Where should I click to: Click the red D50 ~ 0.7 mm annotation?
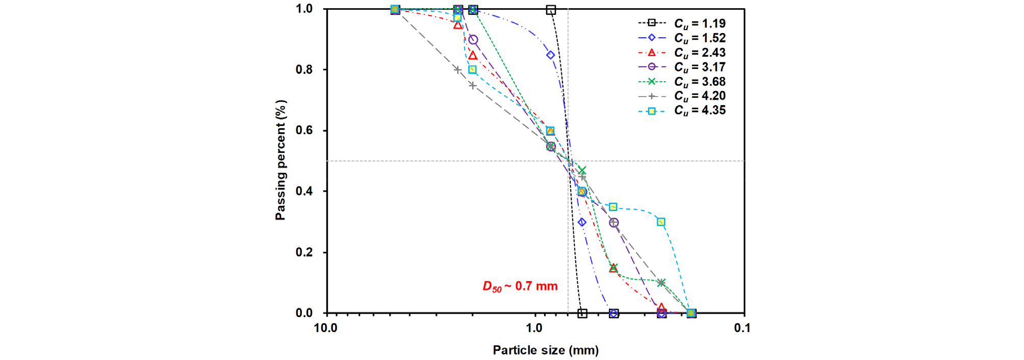click(520, 287)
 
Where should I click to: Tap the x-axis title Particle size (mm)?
click(546, 350)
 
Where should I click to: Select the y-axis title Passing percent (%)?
click(280, 160)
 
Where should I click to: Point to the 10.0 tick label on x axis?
click(325, 328)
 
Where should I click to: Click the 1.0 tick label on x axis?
click(534, 328)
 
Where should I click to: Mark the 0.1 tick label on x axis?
click(743, 328)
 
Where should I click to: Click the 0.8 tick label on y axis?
click(304, 69)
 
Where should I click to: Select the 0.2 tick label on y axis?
click(304, 252)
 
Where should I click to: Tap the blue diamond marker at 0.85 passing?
click(551, 55)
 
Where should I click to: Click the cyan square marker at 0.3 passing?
click(661, 222)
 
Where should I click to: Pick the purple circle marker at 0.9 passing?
click(473, 39)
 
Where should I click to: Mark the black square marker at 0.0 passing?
click(582, 313)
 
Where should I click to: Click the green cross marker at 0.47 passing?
click(582, 170)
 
